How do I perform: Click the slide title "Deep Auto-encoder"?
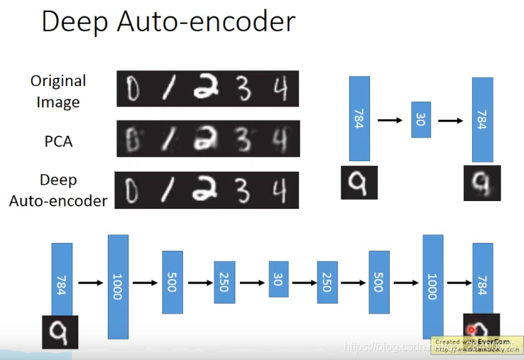pos(168,22)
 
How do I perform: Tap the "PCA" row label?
pos(58,141)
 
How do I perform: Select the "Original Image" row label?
pos(58,92)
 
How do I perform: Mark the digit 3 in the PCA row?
pos(244,138)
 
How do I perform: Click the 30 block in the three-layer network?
pos(421,119)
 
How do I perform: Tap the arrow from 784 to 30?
pos(390,120)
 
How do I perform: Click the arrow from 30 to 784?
pos(451,120)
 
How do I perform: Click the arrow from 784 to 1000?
pos(90,283)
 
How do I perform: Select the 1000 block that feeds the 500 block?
pos(118,286)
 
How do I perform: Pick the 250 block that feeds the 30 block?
pos(224,283)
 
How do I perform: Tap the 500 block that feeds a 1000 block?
pos(378,283)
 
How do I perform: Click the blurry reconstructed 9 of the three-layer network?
pos(482,182)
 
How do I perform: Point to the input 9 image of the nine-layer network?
pos(60,331)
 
